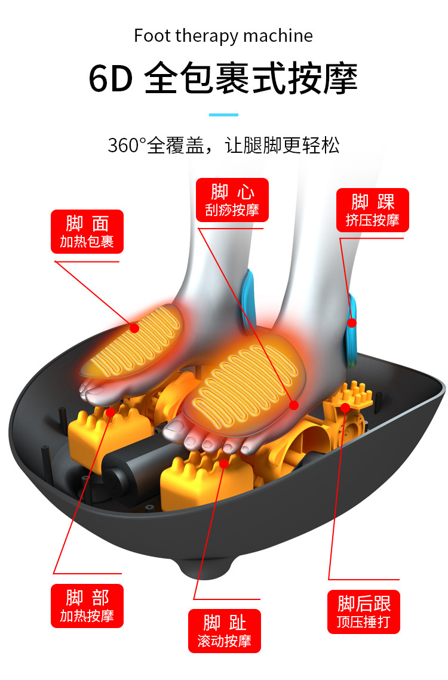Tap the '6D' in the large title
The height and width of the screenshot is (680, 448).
111,78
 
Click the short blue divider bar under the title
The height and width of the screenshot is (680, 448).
223,115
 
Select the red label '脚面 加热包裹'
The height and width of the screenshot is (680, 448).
87,232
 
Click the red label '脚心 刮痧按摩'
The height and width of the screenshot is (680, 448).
232,200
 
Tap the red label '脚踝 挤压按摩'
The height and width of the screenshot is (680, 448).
373,210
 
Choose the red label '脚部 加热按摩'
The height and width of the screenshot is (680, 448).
87,606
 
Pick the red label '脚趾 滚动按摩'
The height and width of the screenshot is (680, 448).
225,630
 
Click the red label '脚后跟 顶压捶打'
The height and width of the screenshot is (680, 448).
364,612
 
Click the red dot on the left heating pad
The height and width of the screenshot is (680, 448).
134,328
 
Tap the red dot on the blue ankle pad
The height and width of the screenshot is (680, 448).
352,322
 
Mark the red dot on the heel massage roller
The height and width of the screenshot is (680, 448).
345,407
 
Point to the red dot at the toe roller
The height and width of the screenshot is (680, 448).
224,464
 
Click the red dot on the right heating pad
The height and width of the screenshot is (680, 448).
294,405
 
